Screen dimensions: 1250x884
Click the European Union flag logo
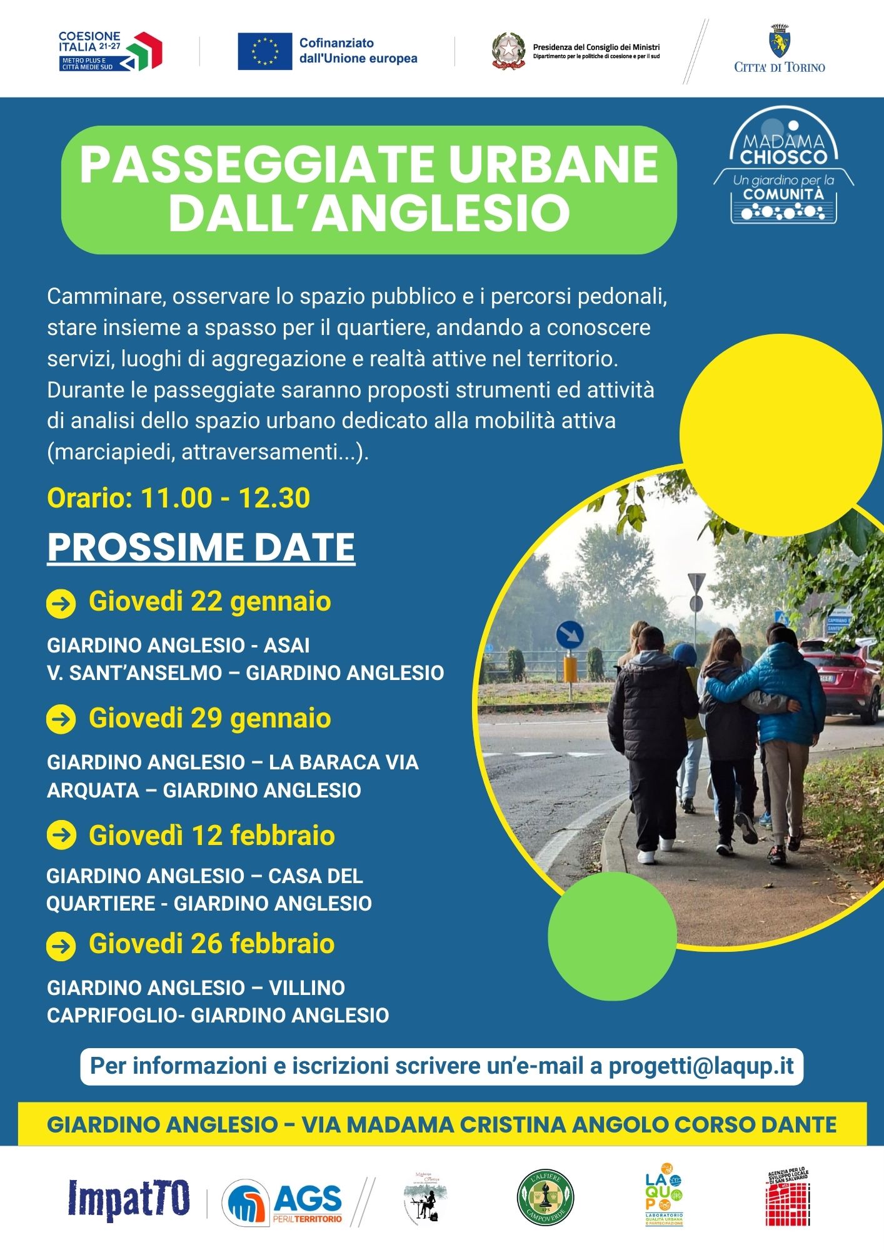(264, 51)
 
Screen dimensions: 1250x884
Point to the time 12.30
(274, 498)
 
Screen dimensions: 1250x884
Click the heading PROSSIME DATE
(201, 547)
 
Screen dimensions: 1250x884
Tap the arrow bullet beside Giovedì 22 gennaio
(61, 604)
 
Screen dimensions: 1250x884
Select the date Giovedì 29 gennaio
(209, 718)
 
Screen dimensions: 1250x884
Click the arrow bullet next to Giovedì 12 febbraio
(61, 836)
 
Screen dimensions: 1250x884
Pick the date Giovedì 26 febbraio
(211, 944)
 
